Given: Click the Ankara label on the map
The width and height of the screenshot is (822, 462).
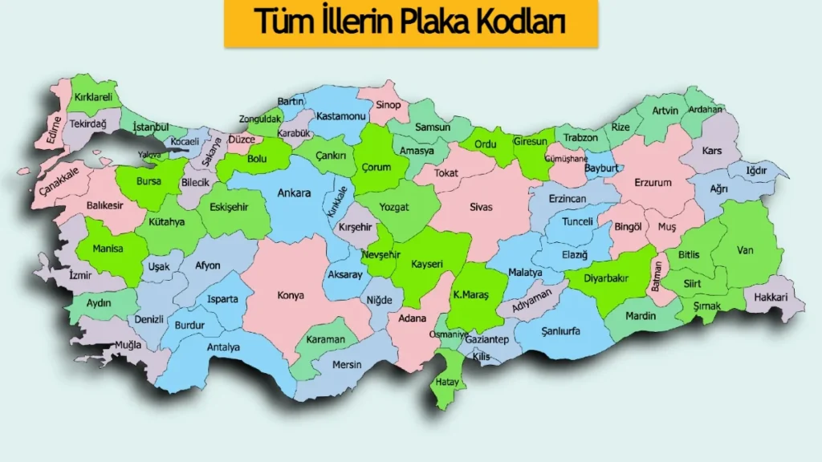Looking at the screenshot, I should click(294, 193).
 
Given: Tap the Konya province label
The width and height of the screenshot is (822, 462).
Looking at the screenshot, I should click(291, 295).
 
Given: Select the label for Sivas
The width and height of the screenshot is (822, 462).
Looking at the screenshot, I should click(482, 207).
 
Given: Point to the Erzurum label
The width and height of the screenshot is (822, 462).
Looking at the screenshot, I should click(653, 183).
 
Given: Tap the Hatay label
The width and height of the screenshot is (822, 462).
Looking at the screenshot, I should click(447, 383).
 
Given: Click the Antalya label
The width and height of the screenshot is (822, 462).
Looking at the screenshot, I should click(223, 347).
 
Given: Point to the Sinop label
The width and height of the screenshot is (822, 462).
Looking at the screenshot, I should click(389, 105).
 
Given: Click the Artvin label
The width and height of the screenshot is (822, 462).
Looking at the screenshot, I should click(665, 111).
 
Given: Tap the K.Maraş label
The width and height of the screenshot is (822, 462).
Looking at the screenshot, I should click(471, 294).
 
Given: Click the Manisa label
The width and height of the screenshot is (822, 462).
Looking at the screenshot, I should click(108, 249).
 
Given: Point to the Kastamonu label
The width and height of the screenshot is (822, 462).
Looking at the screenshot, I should click(341, 116).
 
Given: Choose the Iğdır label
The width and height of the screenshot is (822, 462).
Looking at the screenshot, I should click(756, 170).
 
